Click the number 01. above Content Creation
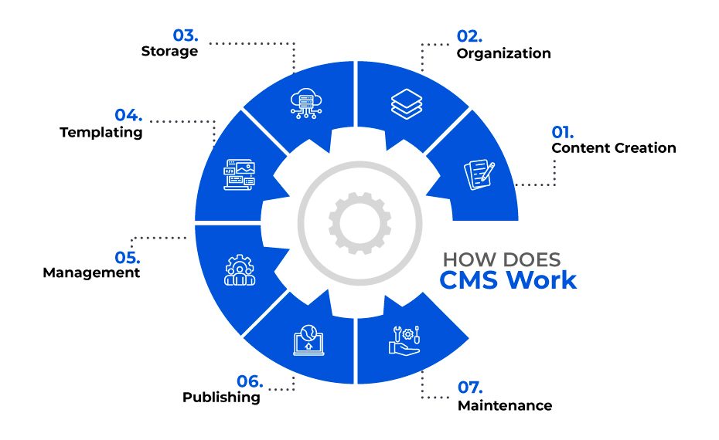[562, 132]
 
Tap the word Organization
[503, 53]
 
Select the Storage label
[169, 51]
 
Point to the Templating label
[101, 132]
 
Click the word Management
[91, 273]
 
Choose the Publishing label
[221, 397]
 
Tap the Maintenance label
[505, 405]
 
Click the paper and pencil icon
[479, 174]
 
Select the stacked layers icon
[407, 104]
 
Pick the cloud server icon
[306, 104]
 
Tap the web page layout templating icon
[240, 174]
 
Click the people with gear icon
[240, 270]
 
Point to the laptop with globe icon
[308, 340]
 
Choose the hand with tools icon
[404, 340]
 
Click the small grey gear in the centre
[360, 223]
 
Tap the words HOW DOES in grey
[502, 260]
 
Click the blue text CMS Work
[508, 280]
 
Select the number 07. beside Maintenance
[470, 388]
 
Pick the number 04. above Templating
[128, 115]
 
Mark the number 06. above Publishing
[250, 381]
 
